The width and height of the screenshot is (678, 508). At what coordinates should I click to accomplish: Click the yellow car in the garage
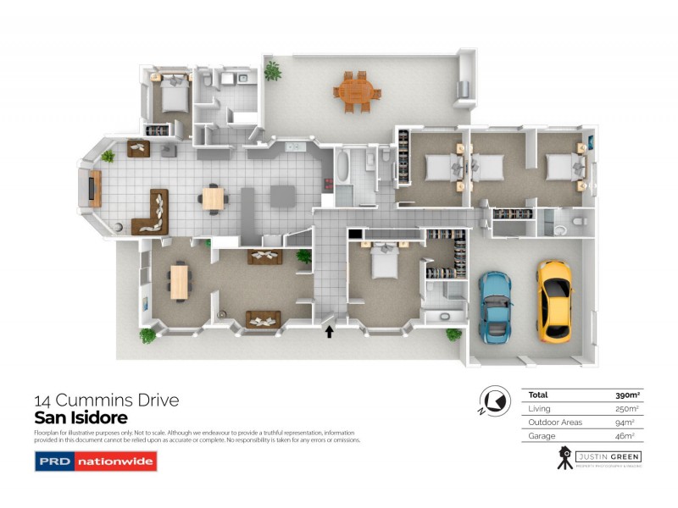(553, 297)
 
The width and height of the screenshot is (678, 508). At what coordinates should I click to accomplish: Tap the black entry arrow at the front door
(329, 331)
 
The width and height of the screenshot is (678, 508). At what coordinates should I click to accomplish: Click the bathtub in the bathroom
(342, 166)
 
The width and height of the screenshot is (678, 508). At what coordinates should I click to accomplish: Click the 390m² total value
(626, 395)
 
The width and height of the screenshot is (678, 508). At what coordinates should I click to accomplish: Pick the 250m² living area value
(626, 408)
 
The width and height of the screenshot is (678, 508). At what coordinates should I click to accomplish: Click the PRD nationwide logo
(95, 461)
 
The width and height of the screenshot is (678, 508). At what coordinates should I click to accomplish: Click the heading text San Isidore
(81, 418)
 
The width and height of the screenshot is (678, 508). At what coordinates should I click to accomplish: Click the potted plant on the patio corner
(272, 71)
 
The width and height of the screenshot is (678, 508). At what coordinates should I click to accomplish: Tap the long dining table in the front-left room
(179, 282)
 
